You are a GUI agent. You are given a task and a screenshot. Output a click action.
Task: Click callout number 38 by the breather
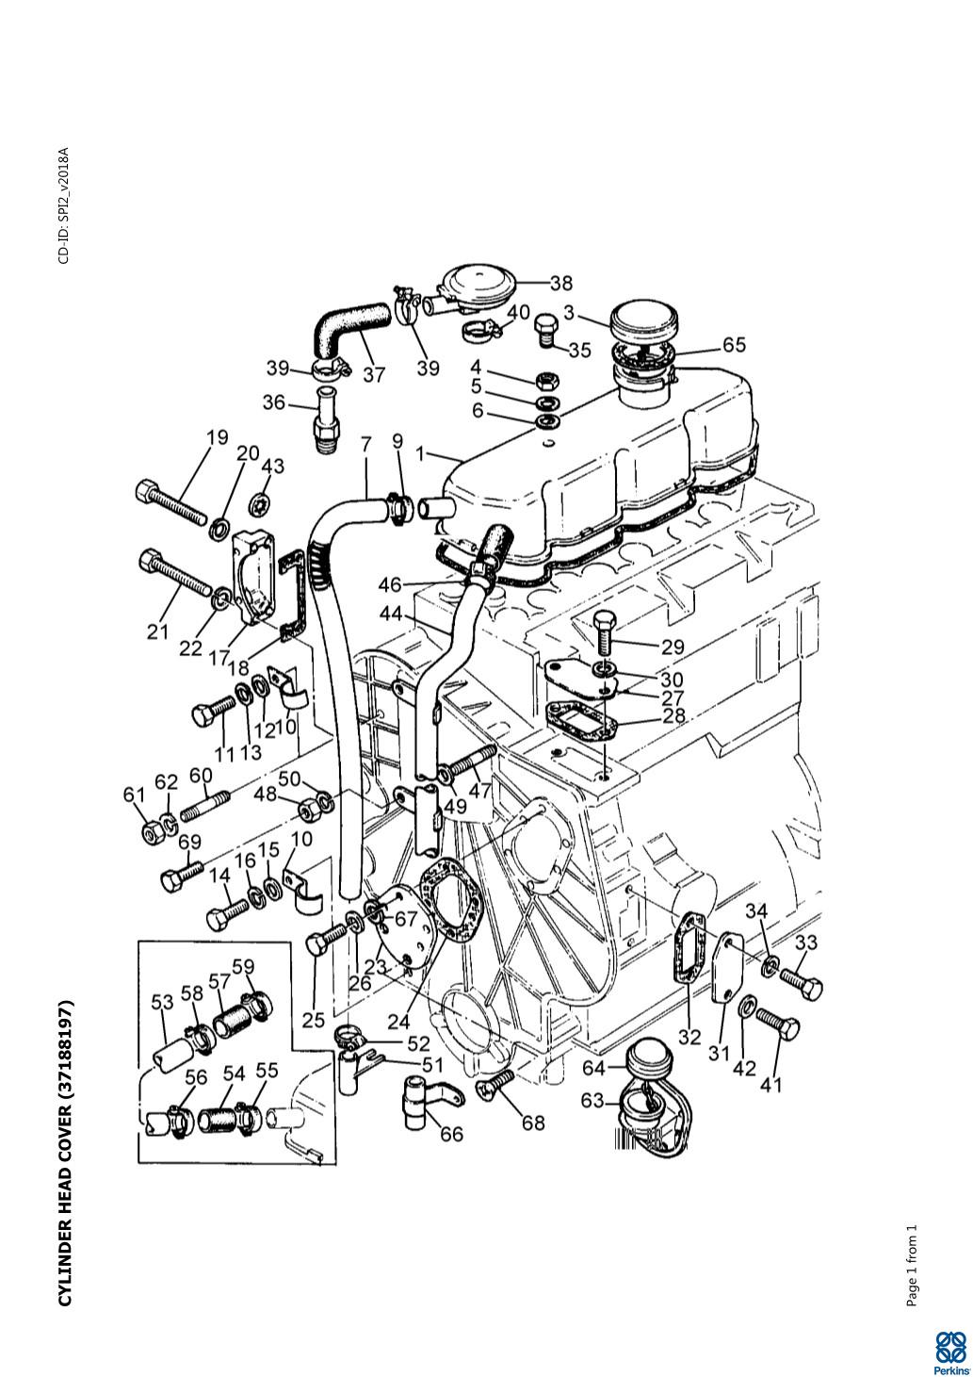[x=560, y=283]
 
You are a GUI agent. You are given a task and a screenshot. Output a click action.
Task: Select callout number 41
[x=770, y=1085]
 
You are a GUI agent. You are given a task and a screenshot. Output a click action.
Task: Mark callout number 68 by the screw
[x=533, y=1123]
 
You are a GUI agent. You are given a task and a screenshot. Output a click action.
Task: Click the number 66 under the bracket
[x=451, y=1134]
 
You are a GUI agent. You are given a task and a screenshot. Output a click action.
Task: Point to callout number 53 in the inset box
[x=163, y=1002]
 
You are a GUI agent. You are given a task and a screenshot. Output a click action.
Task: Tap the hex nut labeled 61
[x=151, y=832]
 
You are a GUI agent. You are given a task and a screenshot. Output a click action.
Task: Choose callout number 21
[x=157, y=631]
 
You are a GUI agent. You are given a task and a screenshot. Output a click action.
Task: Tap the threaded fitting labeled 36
[x=325, y=419]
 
